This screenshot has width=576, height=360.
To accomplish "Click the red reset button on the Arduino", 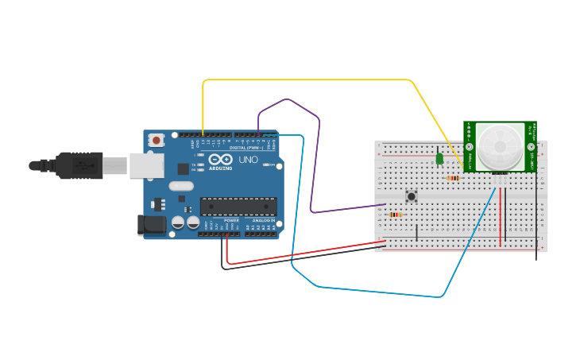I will point(157,140).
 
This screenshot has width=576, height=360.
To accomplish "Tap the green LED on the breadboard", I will point(439,159).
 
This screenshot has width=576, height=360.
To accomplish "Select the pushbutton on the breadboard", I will point(412,195).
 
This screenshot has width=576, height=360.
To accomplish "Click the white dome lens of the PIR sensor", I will point(500,145).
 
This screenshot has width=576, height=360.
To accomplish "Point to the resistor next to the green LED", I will point(453,178).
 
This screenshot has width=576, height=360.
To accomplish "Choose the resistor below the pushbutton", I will point(395,214).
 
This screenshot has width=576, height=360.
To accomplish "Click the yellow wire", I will point(318,79).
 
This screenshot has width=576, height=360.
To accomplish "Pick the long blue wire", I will point(373,290).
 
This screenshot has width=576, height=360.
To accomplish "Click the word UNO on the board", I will point(249,160).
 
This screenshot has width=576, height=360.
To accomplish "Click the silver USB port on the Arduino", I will point(147,165).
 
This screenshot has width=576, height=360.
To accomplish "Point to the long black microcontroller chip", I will point(238,206).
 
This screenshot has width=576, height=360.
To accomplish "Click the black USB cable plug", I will point(79,165).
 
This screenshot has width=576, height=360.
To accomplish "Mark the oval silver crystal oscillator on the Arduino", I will point(181,186).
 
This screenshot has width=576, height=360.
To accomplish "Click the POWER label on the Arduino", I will point(231,220).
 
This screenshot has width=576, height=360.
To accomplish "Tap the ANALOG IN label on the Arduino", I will point(263,220).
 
